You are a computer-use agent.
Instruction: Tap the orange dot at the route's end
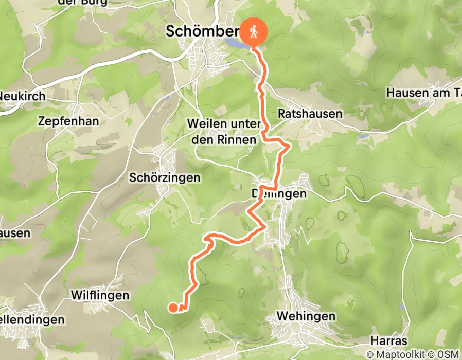173,308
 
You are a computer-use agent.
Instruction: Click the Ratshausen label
310,113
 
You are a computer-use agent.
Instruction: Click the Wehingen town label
306,315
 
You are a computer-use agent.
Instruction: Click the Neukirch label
23,96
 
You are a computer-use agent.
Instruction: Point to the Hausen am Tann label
423,93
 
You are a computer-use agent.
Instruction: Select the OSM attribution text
447,354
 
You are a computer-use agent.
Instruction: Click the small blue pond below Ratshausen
363,137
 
